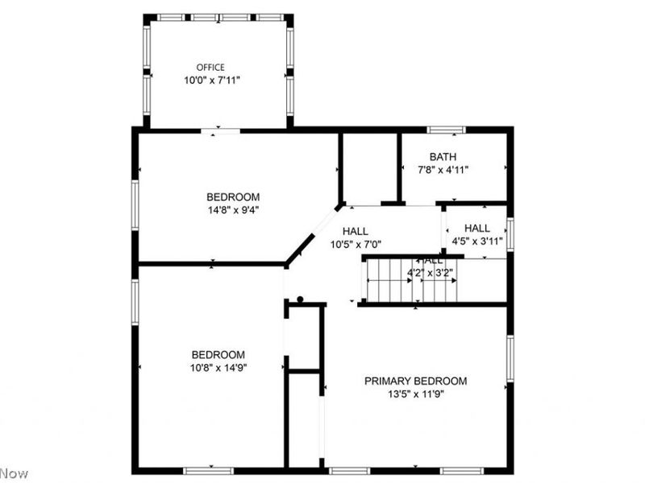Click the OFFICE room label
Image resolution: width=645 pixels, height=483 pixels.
[x=210, y=68]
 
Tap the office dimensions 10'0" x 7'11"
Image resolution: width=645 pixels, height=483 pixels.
[x=210, y=80]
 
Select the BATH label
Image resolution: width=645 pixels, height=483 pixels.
[x=443, y=157]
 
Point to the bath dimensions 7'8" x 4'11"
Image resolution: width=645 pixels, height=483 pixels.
[x=443, y=170]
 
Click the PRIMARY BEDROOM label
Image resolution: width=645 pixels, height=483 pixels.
[x=415, y=381]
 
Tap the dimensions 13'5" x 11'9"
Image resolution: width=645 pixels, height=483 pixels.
[x=415, y=394]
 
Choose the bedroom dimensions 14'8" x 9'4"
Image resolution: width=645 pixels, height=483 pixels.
[x=233, y=210]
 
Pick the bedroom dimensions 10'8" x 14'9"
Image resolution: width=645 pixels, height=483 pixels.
[x=218, y=368]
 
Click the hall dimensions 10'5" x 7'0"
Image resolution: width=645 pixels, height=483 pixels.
[x=356, y=244]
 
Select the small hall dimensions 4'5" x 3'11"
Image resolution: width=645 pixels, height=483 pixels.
[x=476, y=241]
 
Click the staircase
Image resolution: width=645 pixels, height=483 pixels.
[x=411, y=280]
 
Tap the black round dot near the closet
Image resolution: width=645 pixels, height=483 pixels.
[x=300, y=299]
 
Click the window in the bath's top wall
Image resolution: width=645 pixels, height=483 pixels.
[x=446, y=130]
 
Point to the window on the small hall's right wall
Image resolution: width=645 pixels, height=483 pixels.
[x=510, y=233]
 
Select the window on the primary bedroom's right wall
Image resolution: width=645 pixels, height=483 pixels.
[x=510, y=358]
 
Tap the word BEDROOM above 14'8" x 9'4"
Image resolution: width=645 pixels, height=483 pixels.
[x=233, y=197]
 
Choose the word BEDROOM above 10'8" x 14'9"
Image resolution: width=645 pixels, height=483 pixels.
[x=218, y=355]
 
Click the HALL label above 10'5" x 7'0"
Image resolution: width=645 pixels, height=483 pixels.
[x=356, y=231]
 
